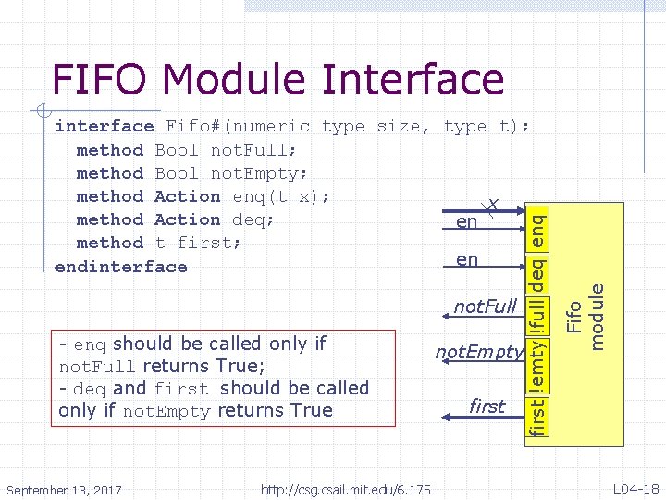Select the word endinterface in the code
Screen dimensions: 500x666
point(121,267)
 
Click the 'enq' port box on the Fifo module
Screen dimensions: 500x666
point(536,226)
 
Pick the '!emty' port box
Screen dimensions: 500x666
point(536,364)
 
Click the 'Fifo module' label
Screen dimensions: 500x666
point(587,318)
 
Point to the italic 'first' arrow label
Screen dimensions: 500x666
point(487,406)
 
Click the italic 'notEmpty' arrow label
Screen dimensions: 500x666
point(479,352)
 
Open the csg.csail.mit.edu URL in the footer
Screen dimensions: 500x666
point(346,489)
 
